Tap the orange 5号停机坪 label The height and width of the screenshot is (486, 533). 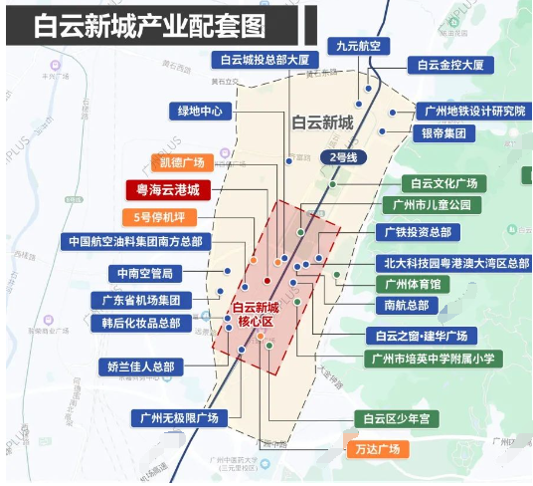160,217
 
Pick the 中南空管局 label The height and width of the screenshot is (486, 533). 146,272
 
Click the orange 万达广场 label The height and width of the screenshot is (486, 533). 376,449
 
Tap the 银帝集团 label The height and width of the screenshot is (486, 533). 442,133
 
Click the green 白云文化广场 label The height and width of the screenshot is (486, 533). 444,183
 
